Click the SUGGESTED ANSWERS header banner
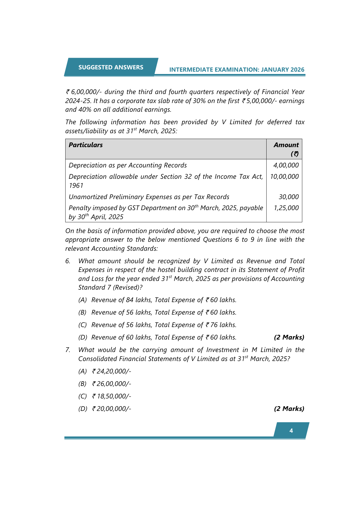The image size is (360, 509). (x=111, y=67)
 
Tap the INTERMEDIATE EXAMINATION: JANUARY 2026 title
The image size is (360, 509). (x=237, y=70)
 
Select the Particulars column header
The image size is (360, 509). (x=86, y=145)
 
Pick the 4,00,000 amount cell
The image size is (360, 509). (x=286, y=165)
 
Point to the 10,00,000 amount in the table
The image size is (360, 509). (x=284, y=177)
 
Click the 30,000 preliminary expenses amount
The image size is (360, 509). (x=289, y=197)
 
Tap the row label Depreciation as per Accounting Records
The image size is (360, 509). (x=128, y=165)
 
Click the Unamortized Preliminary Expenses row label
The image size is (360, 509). (x=149, y=197)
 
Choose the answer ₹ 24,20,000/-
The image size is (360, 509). (x=112, y=371)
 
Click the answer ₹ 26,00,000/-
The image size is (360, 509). (x=112, y=384)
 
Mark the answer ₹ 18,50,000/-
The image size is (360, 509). (x=112, y=396)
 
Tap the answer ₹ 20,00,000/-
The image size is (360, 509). (x=112, y=409)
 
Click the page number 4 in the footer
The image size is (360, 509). (x=291, y=431)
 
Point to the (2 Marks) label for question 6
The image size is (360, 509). (x=289, y=337)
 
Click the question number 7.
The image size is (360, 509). (x=68, y=350)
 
